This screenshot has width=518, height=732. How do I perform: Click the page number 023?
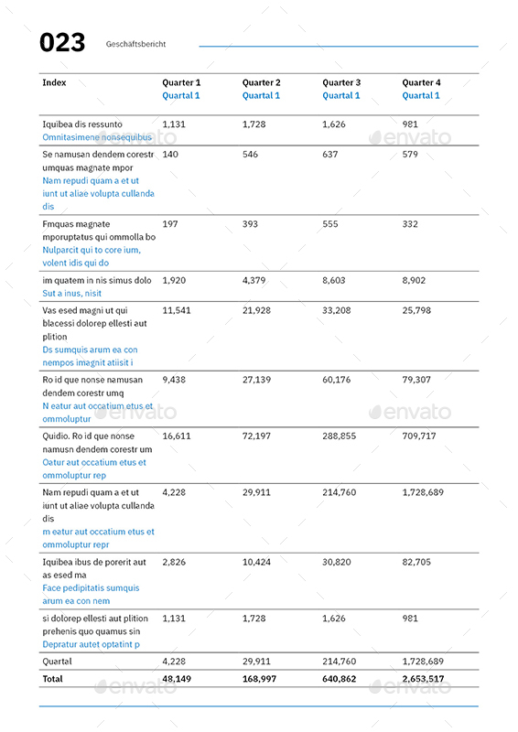62,43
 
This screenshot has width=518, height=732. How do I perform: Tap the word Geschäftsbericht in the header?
135,44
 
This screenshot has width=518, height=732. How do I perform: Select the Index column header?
54,82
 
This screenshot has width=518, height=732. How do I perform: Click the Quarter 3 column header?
340,82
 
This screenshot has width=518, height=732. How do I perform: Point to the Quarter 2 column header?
261,82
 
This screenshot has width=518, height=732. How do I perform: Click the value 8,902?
414,280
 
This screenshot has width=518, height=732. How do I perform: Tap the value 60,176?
336,380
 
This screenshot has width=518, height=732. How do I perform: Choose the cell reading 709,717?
419,436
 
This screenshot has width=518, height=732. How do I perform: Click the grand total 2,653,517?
423,679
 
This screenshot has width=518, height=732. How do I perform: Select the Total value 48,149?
177,679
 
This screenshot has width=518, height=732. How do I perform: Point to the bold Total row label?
53,679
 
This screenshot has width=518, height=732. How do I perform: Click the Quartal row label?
57,661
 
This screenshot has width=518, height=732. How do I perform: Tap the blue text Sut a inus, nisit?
72,294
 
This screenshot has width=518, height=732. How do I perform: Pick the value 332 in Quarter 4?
410,224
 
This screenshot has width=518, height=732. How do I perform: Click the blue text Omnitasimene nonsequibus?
97,137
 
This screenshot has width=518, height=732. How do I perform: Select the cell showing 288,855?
339,436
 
